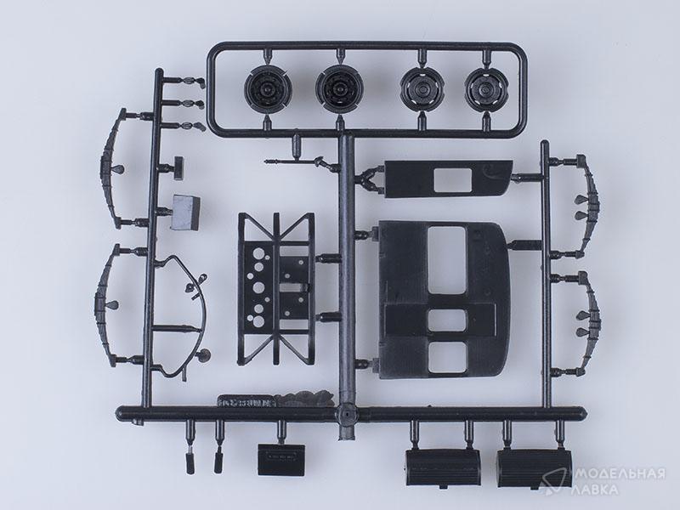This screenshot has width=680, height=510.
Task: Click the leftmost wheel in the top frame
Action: pyautogui.click(x=264, y=90)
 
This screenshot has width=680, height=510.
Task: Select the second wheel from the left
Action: pyautogui.click(x=337, y=90)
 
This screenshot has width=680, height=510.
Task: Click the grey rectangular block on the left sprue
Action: pyautogui.click(x=186, y=212)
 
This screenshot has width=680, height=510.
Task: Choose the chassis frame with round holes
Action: pyautogui.click(x=275, y=288)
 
